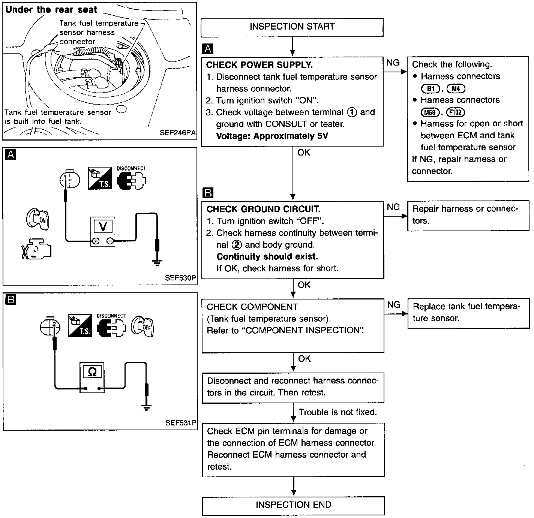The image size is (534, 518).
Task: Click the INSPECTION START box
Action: pyautogui.click(x=292, y=27)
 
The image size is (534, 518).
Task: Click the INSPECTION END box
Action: pyautogui.click(x=293, y=506)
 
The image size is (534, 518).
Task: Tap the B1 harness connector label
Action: pyautogui.click(x=430, y=89)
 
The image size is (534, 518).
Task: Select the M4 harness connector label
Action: pyautogui.click(x=456, y=89)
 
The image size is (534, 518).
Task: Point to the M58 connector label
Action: pyautogui.click(x=430, y=112)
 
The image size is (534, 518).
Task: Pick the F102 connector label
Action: pyautogui.click(x=456, y=112)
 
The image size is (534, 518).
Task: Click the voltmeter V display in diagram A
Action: pyautogui.click(x=103, y=226)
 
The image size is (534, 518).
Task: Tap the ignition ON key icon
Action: pyautogui.click(x=38, y=219)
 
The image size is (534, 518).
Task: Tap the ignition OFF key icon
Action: pyautogui.click(x=142, y=326)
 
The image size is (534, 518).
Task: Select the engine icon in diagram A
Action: pyautogui.click(x=36, y=249)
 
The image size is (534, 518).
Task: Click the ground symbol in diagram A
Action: pyautogui.click(x=157, y=263)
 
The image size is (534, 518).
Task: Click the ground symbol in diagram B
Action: pyautogui.click(x=147, y=407)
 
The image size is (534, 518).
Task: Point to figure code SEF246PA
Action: pyautogui.click(x=178, y=133)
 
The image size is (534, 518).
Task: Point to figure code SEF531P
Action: pyautogui.click(x=181, y=423)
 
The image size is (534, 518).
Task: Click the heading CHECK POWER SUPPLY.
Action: pyautogui.click(x=259, y=65)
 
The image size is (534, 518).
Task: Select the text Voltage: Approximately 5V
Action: pyautogui.click(x=272, y=136)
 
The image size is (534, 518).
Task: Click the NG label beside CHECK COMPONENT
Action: pyautogui.click(x=394, y=305)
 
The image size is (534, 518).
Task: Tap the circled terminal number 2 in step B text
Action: pyautogui.click(x=237, y=245)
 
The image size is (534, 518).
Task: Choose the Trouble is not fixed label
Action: pyautogui.click(x=338, y=412)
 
